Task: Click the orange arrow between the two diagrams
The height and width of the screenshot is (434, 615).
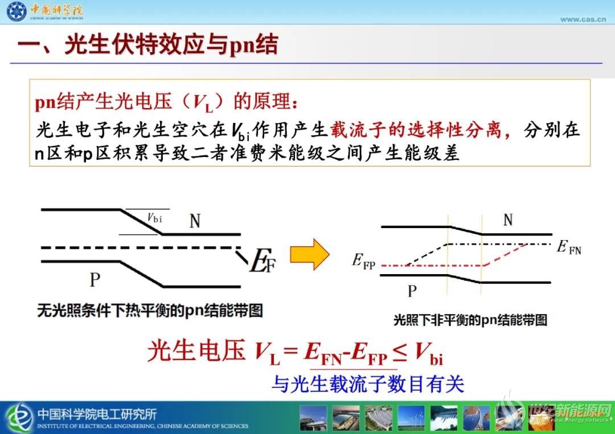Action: pyautogui.click(x=309, y=255)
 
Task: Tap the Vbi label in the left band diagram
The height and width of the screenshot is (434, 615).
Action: pyautogui.click(x=154, y=218)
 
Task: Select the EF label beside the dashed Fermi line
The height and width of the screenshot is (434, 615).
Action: pyautogui.click(x=263, y=261)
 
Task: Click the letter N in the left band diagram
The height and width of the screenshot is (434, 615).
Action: pyautogui.click(x=195, y=221)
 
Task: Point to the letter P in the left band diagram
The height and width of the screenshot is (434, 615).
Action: pyautogui.click(x=95, y=280)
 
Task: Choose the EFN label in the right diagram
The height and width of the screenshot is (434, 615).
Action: pyautogui.click(x=569, y=247)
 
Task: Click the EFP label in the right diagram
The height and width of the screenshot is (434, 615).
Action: pyautogui.click(x=363, y=261)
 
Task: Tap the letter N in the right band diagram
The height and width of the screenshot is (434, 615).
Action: pyautogui.click(x=508, y=220)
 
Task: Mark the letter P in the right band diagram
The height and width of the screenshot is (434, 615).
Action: pyautogui.click(x=412, y=291)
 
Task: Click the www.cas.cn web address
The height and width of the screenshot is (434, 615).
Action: pyautogui.click(x=583, y=19)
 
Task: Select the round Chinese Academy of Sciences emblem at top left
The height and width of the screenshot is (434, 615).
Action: pyautogui.click(x=17, y=11)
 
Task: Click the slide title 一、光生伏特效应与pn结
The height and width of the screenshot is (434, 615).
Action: pyautogui.click(x=148, y=44)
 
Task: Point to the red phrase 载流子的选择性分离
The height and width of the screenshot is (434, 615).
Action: pyautogui.click(x=416, y=130)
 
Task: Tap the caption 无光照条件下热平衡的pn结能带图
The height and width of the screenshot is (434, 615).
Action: pyautogui.click(x=150, y=311)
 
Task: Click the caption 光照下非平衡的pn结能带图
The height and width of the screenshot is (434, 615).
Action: pyautogui.click(x=470, y=320)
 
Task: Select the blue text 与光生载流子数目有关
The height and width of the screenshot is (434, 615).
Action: pyautogui.click(x=368, y=383)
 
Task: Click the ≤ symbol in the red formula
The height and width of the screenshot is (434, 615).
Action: pyautogui.click(x=400, y=353)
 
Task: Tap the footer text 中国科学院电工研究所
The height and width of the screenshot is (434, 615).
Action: pyautogui.click(x=97, y=414)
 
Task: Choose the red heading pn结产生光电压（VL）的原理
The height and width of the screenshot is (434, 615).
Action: pyautogui.click(x=166, y=102)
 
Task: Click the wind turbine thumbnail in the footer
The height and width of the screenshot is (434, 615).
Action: pyautogui.click(x=411, y=418)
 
